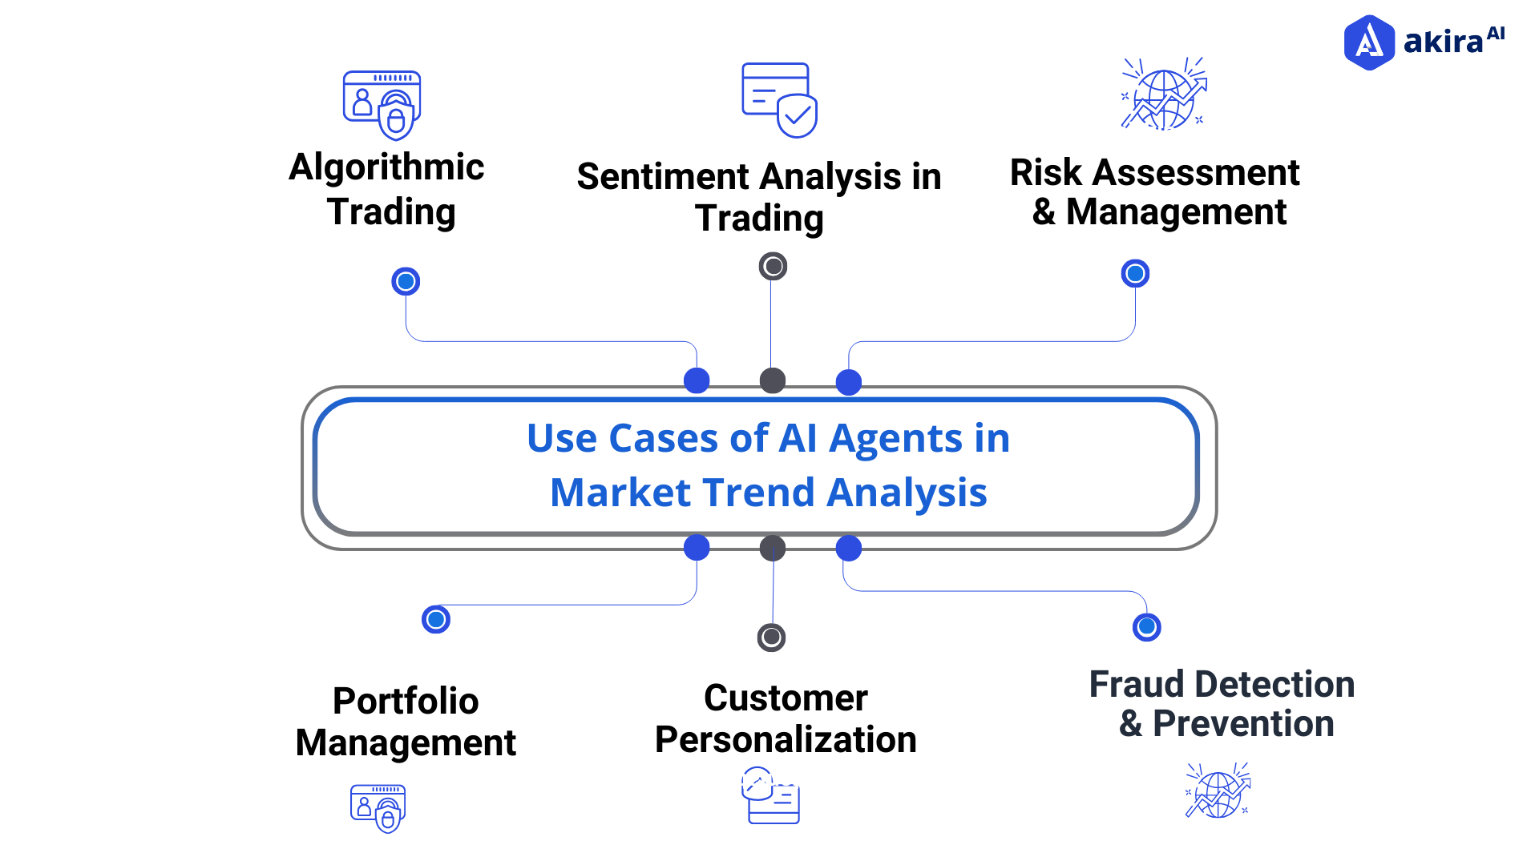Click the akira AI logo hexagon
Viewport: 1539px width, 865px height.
(1369, 42)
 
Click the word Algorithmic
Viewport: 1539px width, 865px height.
(386, 168)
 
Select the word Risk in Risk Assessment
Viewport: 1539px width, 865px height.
(1045, 173)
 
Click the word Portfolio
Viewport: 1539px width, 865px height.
(406, 701)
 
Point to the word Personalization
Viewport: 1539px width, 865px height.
(786, 740)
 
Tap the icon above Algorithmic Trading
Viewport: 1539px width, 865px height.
(382, 105)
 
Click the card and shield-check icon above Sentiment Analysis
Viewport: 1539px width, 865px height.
(778, 100)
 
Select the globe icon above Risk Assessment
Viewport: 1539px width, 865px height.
(1164, 95)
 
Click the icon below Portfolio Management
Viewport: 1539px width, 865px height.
(378, 807)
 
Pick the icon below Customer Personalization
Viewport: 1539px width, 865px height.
(770, 795)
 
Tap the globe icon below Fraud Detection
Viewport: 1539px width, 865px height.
(1218, 791)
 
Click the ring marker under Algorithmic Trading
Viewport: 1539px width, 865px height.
(406, 281)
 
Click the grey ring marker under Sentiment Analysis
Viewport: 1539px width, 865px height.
(773, 266)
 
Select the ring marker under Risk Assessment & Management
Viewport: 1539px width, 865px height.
(1135, 274)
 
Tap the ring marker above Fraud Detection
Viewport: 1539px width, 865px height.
(1146, 626)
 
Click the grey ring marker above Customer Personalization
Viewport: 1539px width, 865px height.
(771, 637)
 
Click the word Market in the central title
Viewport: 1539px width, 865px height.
(616, 493)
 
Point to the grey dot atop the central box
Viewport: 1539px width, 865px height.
(773, 380)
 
